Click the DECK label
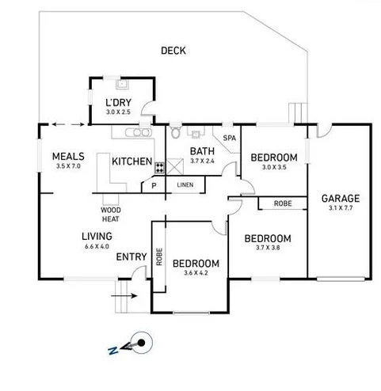(x=173, y=51)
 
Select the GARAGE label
(x=341, y=199)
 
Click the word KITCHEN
(x=131, y=161)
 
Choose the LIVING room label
(x=96, y=236)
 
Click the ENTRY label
(x=131, y=257)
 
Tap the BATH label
(x=202, y=150)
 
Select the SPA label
(x=230, y=138)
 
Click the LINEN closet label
(x=185, y=185)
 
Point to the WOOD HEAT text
(x=110, y=214)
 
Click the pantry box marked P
(x=153, y=185)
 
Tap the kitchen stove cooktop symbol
(x=159, y=167)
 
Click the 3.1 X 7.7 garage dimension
(x=341, y=210)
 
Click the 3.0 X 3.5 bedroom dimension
(x=273, y=168)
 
